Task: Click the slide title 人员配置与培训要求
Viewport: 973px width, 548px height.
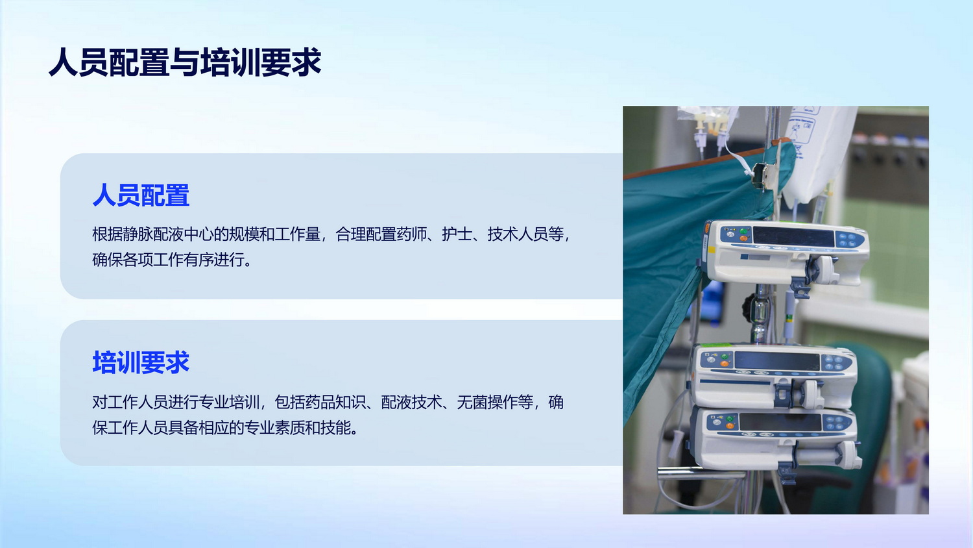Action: click(185, 62)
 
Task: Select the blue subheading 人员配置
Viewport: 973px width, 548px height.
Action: click(141, 195)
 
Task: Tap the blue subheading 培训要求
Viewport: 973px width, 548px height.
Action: click(141, 362)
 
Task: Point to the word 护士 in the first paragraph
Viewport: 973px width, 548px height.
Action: click(457, 234)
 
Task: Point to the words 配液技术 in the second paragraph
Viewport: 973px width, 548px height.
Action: click(411, 403)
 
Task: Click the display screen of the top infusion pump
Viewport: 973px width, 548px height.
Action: click(793, 236)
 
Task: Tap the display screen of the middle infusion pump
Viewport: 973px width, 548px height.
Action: click(776, 361)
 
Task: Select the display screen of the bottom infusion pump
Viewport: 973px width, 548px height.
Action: click(780, 422)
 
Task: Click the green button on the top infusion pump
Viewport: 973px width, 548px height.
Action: click(743, 231)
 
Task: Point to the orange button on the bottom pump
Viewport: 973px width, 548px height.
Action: click(730, 426)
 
